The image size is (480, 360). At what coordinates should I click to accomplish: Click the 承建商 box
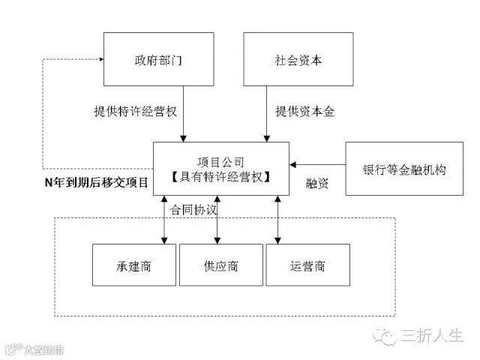pyautogui.click(x=134, y=265)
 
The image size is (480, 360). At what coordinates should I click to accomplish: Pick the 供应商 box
pyautogui.click(x=220, y=265)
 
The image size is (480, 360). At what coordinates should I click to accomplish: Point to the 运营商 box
pyautogui.click(x=307, y=265)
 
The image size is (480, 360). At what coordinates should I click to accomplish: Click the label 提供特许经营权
pyautogui.click(x=130, y=112)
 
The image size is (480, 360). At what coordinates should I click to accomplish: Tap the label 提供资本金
pyautogui.click(x=304, y=112)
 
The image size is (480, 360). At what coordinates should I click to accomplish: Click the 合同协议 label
pyautogui.click(x=193, y=210)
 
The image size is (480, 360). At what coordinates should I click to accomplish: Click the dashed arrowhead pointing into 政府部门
pyautogui.click(x=98, y=58)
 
